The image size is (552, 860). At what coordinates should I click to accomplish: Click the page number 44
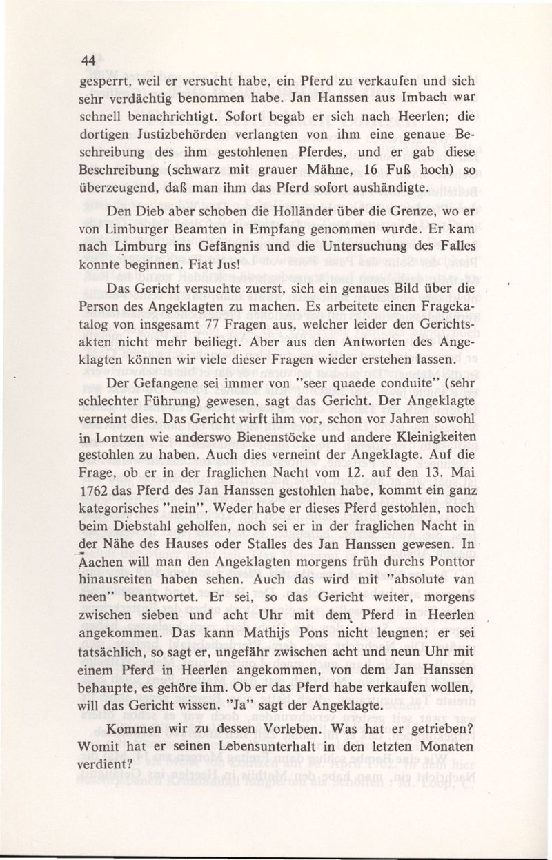pos(88,60)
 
